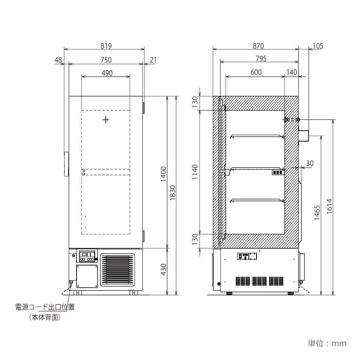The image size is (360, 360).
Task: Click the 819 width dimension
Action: [x=106, y=46]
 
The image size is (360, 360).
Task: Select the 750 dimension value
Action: [x=106, y=60]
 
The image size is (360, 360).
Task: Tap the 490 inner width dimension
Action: [x=107, y=73]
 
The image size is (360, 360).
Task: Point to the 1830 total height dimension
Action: [x=173, y=193]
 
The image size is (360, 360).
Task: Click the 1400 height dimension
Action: [x=163, y=174]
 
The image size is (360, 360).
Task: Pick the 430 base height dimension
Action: [x=163, y=269]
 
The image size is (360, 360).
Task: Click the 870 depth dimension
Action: [x=258, y=46]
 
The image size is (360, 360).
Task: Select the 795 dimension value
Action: [x=261, y=59]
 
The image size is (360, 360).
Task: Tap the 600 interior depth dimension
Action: [x=256, y=72]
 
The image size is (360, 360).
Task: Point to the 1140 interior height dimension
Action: [x=195, y=172]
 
